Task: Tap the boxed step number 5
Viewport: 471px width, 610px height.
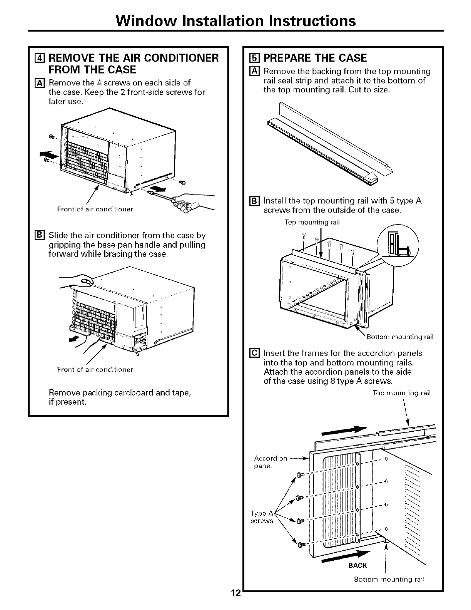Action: pos(252,58)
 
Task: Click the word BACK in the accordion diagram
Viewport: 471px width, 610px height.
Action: pos(357,565)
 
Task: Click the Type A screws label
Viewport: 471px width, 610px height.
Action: pos(262,517)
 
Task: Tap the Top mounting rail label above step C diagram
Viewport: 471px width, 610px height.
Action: pos(401,393)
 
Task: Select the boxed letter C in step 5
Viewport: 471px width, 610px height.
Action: pos(254,354)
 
